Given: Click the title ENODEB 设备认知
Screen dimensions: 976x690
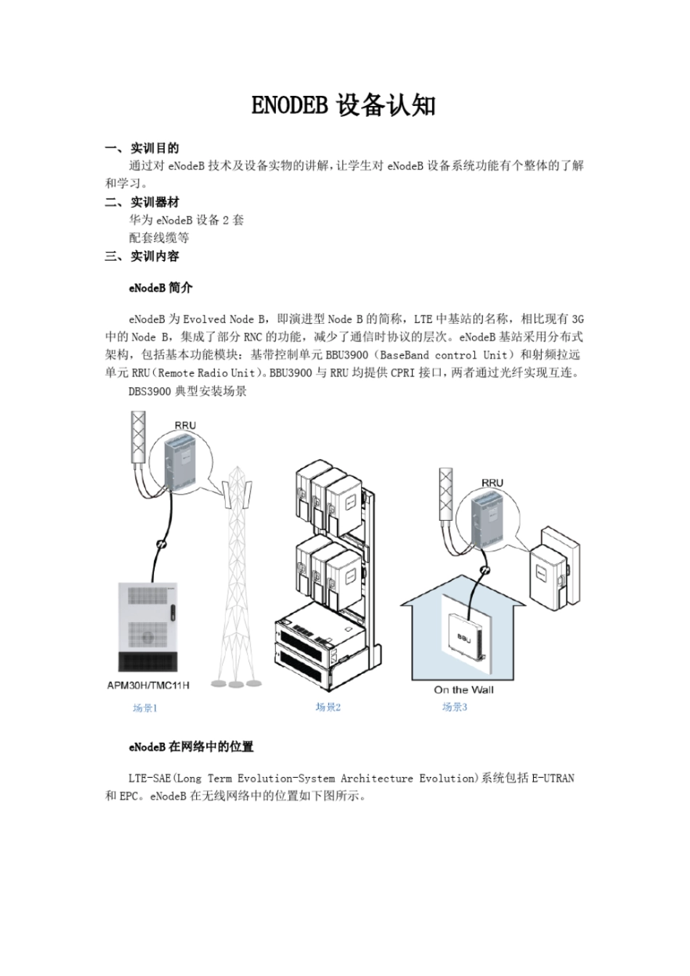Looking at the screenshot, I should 344,106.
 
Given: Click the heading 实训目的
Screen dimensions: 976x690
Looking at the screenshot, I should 154,148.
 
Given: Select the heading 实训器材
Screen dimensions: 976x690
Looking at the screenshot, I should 154,202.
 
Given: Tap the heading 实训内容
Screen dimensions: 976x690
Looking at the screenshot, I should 154,256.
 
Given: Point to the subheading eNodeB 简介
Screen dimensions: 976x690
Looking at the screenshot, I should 161,288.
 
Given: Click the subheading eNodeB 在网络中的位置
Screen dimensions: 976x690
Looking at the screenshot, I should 191,747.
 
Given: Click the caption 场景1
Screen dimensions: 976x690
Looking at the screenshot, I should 145,708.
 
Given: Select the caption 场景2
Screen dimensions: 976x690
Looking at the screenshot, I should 328,707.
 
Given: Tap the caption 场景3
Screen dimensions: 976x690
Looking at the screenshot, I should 455,707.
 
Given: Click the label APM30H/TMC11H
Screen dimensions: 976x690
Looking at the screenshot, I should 148,686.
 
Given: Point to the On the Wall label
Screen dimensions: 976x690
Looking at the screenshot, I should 463,690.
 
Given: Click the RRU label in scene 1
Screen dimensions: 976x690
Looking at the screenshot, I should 185,426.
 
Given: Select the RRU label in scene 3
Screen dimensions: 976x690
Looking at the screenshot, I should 492,482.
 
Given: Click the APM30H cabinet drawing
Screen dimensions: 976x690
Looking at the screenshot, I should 149,625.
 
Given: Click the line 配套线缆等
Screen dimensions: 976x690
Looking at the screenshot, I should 159,237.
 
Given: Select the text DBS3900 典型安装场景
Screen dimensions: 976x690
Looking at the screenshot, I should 187,391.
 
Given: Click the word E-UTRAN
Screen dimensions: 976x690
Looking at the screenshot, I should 553,778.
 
